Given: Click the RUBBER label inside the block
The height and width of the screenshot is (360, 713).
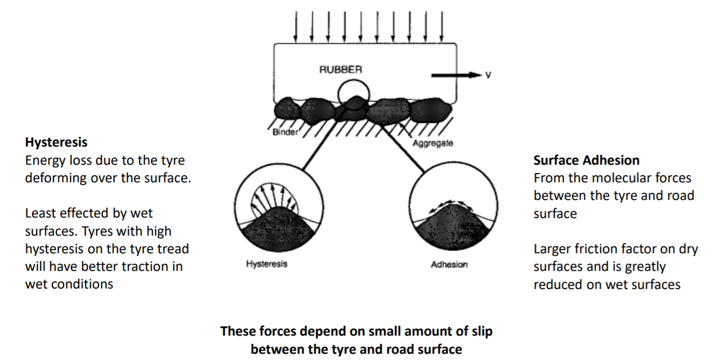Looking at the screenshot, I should coord(340,69).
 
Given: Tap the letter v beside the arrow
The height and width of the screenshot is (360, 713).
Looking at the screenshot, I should coord(486,75).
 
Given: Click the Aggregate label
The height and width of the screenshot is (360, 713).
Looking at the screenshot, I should coord(432,143).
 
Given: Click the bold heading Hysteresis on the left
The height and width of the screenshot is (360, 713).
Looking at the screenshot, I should coord(56,143).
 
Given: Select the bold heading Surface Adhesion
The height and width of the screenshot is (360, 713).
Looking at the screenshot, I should coord(586,160).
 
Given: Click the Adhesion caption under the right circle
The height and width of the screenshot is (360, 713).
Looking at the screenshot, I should coord(449,264).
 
